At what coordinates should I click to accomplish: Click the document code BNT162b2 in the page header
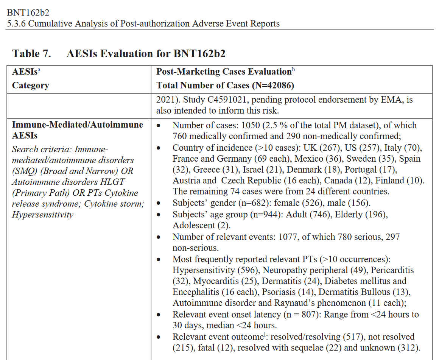pyautogui.click(x=28, y=13)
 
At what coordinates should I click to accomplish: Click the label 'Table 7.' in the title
pyautogui.click(x=31, y=54)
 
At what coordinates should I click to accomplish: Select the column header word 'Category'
pyautogui.click(x=31, y=86)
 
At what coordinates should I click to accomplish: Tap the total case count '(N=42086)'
pyautogui.click(x=273, y=86)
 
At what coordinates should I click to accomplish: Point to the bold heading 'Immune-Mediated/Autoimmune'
pyautogui.click(x=78, y=125)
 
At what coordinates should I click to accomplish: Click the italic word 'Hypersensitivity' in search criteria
pyautogui.click(x=42, y=215)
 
